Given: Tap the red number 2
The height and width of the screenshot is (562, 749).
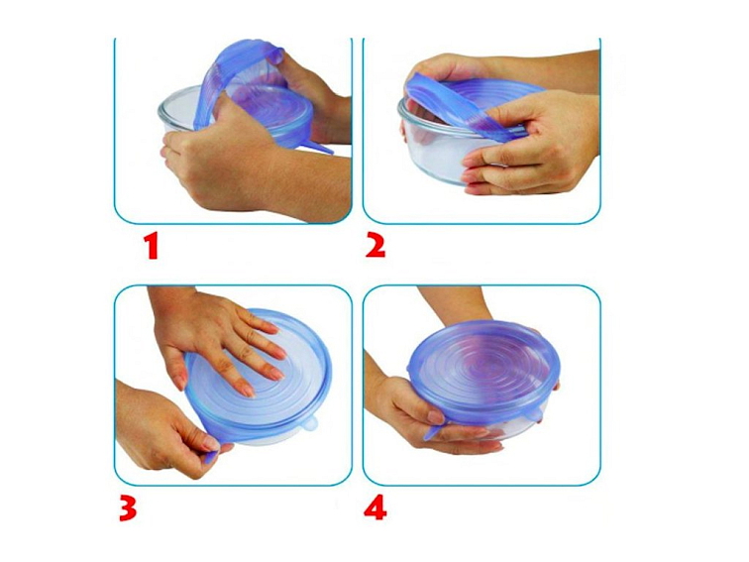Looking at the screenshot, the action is pos(375,247).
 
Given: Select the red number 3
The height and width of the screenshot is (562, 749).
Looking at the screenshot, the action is pos(128,508).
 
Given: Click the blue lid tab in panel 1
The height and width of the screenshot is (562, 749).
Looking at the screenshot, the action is pos(317,147).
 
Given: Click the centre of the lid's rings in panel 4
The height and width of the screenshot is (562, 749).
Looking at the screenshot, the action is pos(482,368).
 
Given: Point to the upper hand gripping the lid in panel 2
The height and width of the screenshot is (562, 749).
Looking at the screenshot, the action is pos(444,69).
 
